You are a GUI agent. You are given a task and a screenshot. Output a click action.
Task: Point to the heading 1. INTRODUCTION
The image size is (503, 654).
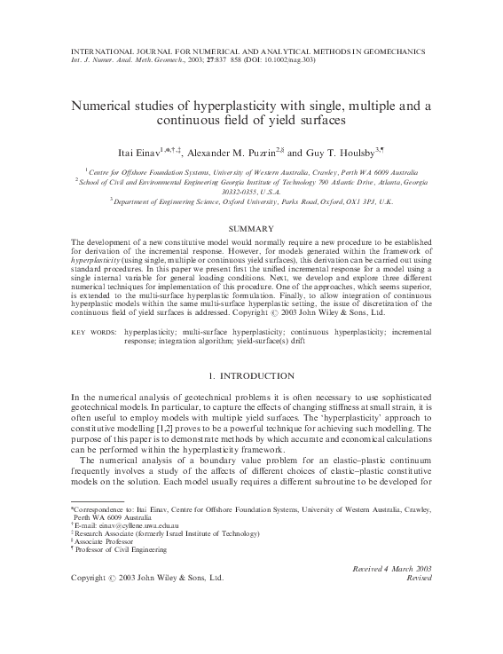(x=251, y=377)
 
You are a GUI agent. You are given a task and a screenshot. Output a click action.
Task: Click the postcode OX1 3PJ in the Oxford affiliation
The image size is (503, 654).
(x=346, y=201)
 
